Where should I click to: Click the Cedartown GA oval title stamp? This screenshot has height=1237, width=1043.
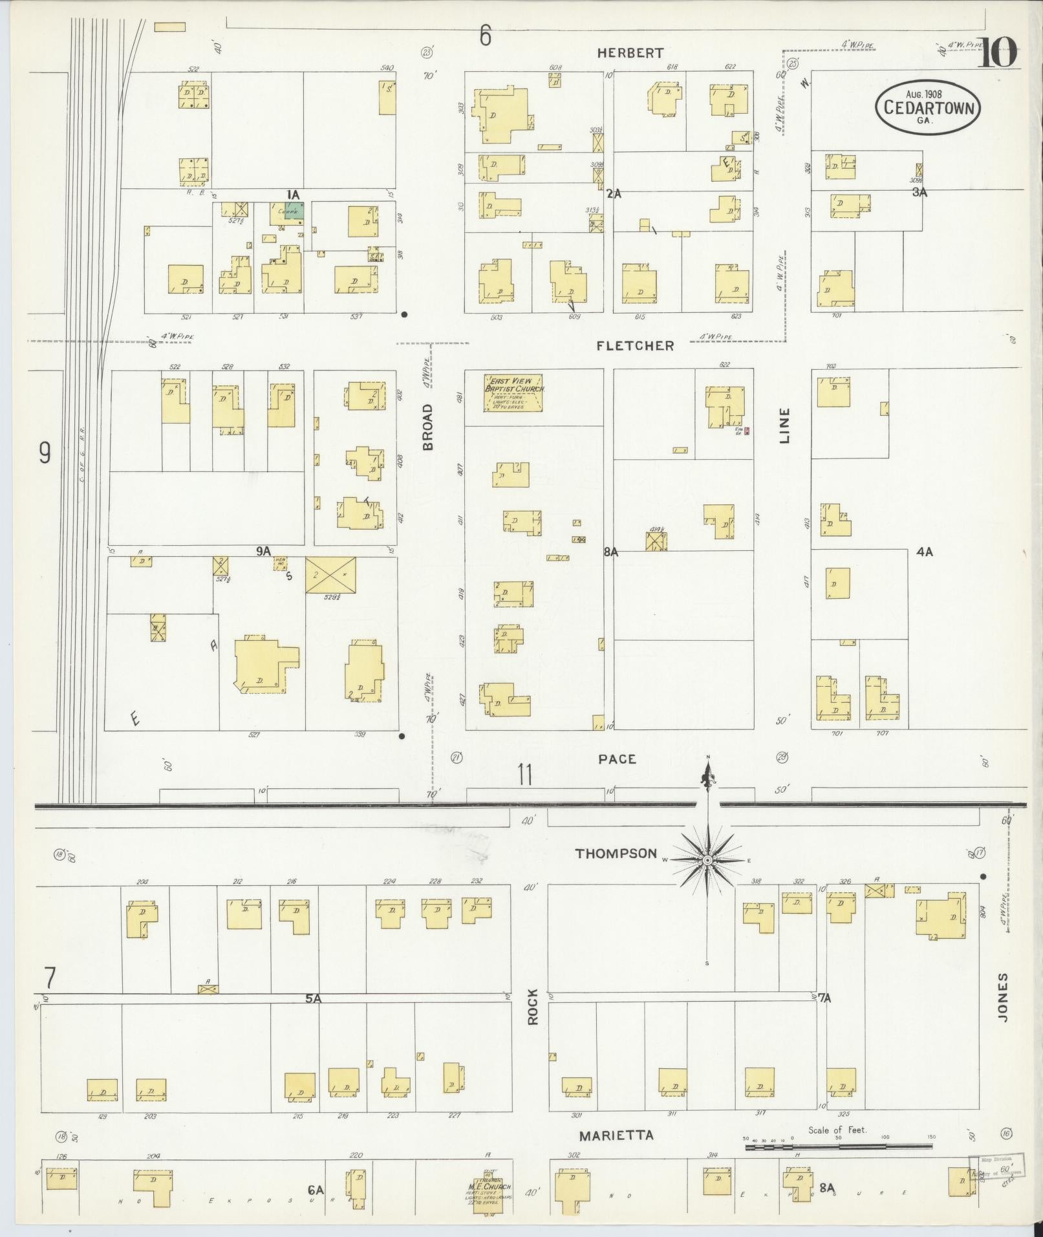click(x=927, y=108)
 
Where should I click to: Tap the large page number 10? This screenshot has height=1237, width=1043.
click(x=998, y=54)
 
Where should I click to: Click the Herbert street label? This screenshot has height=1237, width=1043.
click(x=630, y=54)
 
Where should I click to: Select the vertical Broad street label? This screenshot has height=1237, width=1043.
click(x=427, y=427)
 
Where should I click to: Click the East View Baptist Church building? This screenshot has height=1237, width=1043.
click(x=513, y=393)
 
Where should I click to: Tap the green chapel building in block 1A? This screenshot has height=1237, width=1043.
click(x=294, y=211)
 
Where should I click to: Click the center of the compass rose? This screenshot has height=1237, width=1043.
click(x=707, y=861)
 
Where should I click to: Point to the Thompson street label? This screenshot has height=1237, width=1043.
click(x=616, y=854)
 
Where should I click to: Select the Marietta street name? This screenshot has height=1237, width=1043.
click(x=616, y=1135)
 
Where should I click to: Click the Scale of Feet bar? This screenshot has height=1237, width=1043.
click(x=838, y=1147)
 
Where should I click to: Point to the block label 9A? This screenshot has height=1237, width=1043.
click(x=263, y=552)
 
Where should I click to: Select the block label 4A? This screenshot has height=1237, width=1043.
click(x=924, y=552)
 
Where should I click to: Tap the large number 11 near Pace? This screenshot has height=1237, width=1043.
click(x=524, y=774)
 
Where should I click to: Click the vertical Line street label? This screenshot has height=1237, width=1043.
click(x=784, y=425)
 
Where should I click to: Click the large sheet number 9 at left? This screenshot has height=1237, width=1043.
click(x=44, y=453)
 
